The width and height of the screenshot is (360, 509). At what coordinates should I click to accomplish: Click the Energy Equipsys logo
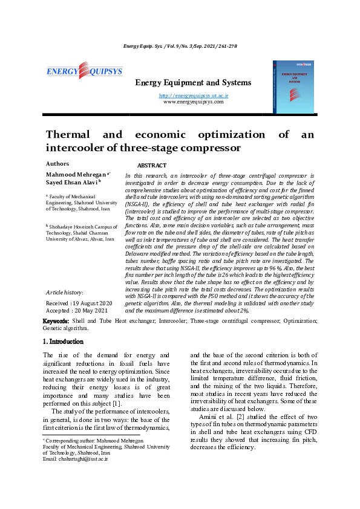coord(84,72)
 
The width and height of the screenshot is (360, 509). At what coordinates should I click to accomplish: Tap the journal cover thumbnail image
coord(293,86)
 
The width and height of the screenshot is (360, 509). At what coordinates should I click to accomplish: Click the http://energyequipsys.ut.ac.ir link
coord(193,96)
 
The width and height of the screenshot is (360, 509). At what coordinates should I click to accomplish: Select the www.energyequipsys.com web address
coord(193,102)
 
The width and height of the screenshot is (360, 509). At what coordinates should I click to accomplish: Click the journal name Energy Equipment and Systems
coord(192,82)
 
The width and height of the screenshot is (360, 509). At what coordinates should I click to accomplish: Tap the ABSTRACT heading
coord(152,165)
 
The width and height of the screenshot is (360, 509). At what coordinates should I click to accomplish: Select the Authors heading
coord(57,163)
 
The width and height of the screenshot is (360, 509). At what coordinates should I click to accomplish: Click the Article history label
coord(65,291)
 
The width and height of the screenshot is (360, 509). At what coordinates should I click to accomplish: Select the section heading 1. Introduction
coord(67,342)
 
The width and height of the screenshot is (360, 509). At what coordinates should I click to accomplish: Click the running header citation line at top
coord(180,46)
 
